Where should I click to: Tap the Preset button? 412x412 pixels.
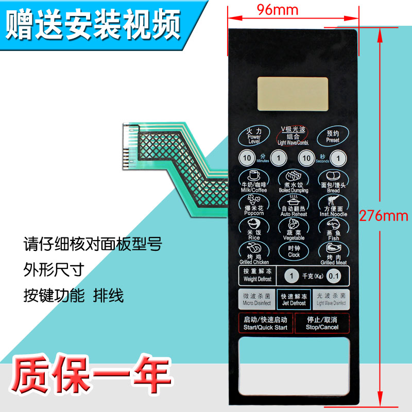(x=332, y=136)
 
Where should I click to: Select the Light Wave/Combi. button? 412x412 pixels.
(x=293, y=135)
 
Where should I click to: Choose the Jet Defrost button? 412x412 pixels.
(x=293, y=299)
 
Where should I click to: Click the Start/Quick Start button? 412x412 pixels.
(x=266, y=323)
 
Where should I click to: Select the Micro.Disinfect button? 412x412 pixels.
(x=256, y=299)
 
